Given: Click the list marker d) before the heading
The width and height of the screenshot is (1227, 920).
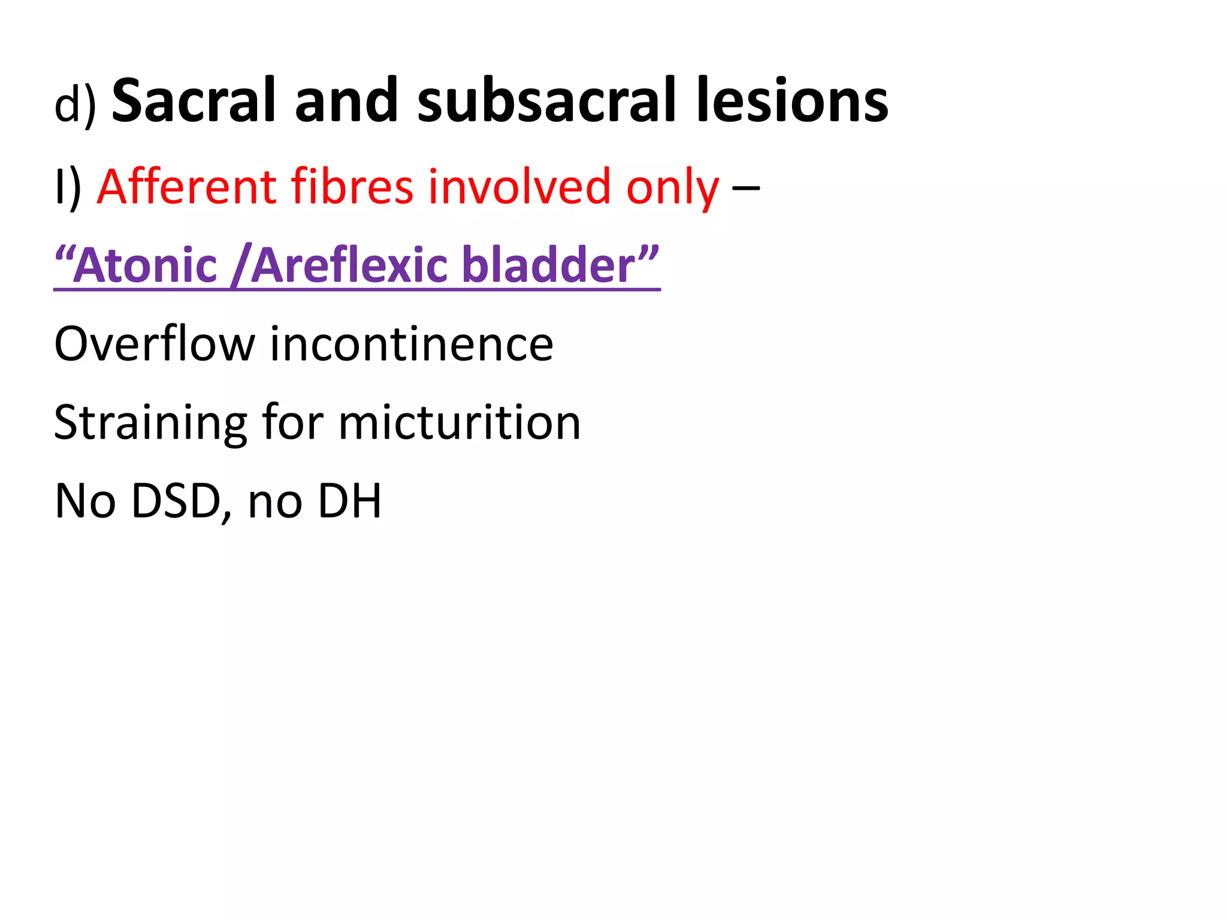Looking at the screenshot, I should (75, 105).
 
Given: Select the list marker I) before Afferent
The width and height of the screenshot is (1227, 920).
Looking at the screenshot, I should (67, 188).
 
